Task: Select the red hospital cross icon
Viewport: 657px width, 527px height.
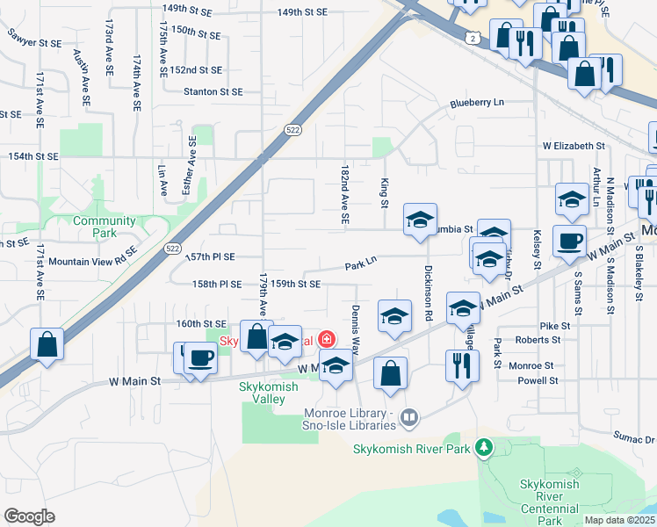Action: tap(326, 339)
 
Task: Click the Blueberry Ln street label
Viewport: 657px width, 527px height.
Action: tap(477, 102)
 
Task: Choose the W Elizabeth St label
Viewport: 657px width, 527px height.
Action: tap(574, 145)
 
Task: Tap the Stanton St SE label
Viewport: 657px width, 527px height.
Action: tap(213, 91)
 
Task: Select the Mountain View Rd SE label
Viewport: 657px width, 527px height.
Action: tap(93, 261)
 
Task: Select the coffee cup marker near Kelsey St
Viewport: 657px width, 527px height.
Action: tap(569, 241)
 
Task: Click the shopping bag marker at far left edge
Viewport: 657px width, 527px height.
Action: tap(47, 344)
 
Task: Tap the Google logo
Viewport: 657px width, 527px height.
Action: tap(30, 516)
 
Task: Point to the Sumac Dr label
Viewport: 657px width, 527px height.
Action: tap(634, 437)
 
